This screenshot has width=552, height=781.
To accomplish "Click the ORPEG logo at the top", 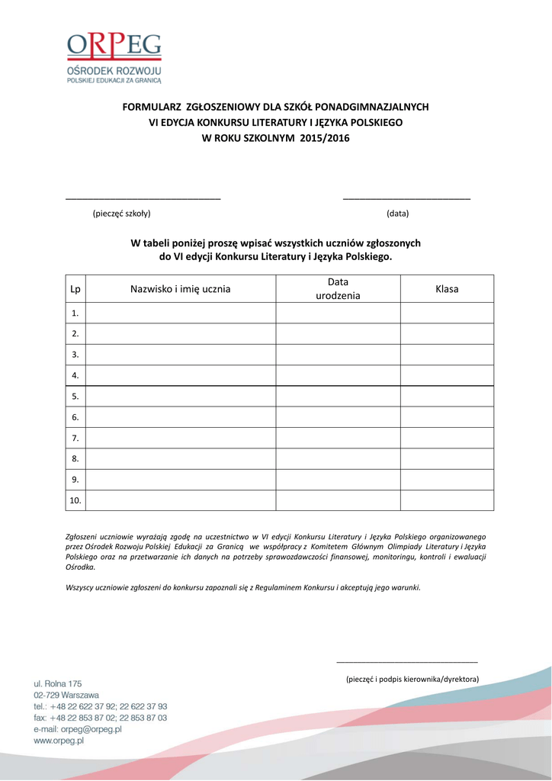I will click(114, 56).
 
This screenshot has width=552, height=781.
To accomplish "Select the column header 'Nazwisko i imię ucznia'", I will click(180, 289).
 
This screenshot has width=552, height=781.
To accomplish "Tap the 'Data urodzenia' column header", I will click(338, 289).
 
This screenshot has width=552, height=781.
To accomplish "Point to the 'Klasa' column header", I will click(447, 289).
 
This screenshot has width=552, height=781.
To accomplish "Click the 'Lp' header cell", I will click(75, 289).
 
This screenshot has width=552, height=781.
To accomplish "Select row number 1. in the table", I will click(75, 313).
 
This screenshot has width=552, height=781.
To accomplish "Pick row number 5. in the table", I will click(75, 397).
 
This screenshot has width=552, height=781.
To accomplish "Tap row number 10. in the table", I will click(75, 500).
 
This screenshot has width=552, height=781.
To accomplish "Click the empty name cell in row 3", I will click(180, 355).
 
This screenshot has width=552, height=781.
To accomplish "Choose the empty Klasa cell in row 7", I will click(447, 438).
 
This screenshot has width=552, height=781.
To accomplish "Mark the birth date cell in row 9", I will click(338, 480).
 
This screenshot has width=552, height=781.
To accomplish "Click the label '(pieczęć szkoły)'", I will click(121, 214).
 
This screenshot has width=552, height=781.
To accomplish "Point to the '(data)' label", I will click(397, 214).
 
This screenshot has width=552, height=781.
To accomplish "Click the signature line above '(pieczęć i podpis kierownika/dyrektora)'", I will click(406, 662).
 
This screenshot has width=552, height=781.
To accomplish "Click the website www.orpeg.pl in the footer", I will click(59, 741).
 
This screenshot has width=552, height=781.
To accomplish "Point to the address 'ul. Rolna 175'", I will click(57, 683).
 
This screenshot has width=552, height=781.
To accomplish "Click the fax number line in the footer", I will click(100, 718).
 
